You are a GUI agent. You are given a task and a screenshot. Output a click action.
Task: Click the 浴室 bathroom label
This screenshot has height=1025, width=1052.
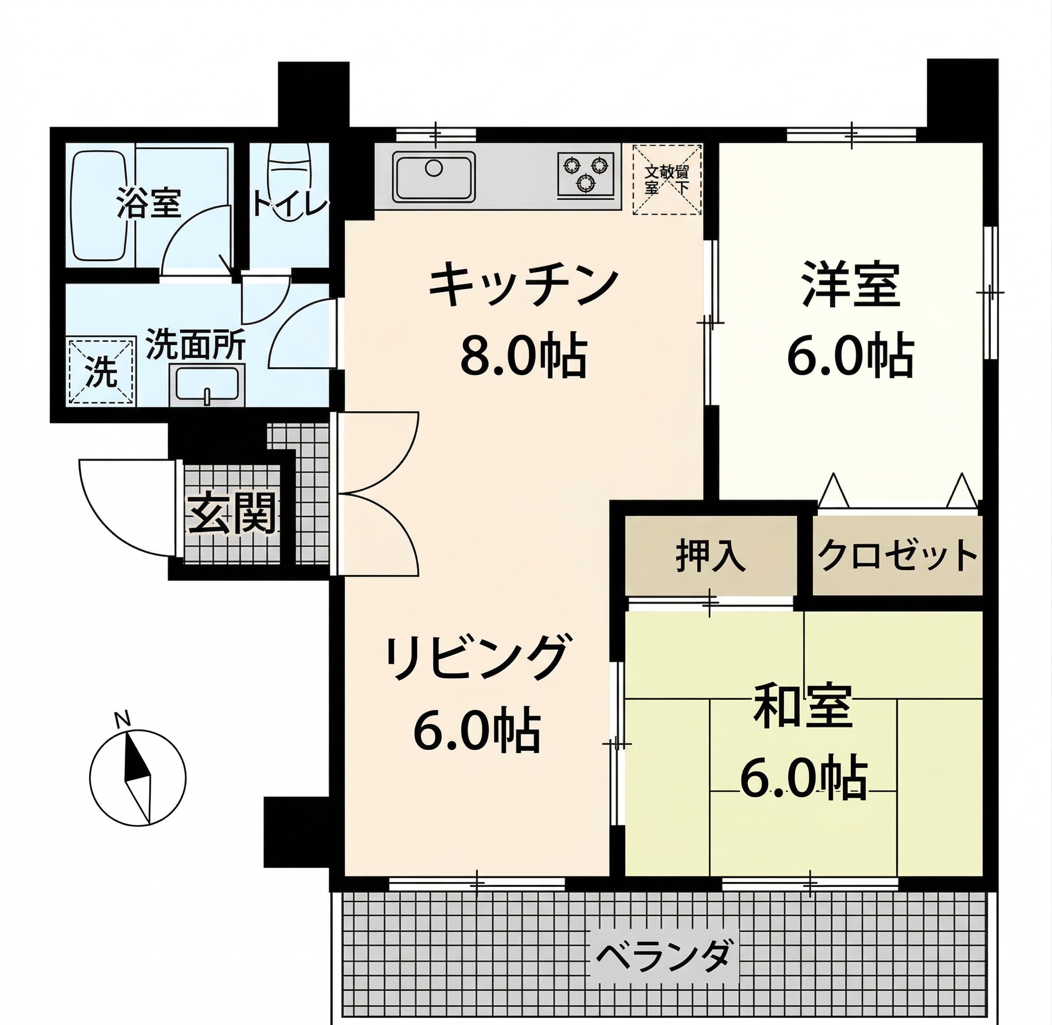[149, 204]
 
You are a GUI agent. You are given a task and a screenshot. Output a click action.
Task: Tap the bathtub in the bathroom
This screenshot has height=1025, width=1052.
[100, 206]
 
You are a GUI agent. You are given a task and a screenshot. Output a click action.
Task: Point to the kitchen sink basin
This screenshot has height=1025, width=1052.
[433, 176]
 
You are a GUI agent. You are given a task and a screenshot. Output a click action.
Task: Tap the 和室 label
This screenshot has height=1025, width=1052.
[803, 705]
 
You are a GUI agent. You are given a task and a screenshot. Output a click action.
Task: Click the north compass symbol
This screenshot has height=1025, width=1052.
[137, 778]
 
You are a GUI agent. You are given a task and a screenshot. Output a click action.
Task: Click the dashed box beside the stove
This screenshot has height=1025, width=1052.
[667, 180]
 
